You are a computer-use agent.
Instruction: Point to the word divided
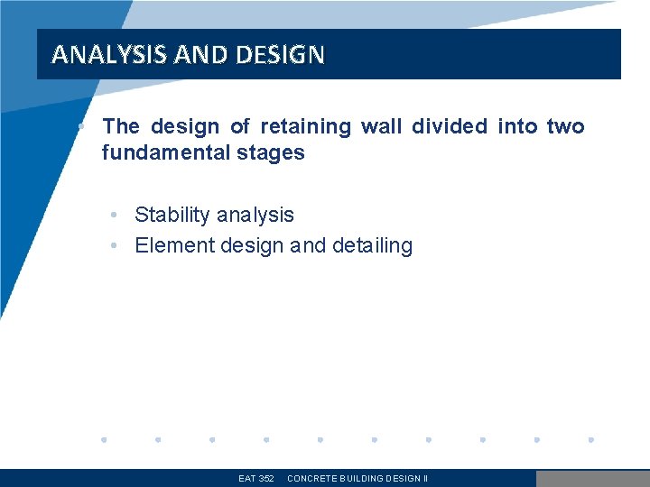pos(449,126)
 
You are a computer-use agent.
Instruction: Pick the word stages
pos(270,152)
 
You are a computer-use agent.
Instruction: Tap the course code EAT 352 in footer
pos(255,479)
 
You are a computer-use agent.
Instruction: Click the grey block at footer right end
pos(592,479)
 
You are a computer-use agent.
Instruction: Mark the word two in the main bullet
pos(566,126)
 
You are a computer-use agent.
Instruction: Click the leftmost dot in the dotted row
pos(104,440)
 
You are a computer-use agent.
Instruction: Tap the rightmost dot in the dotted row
pos(591,440)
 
